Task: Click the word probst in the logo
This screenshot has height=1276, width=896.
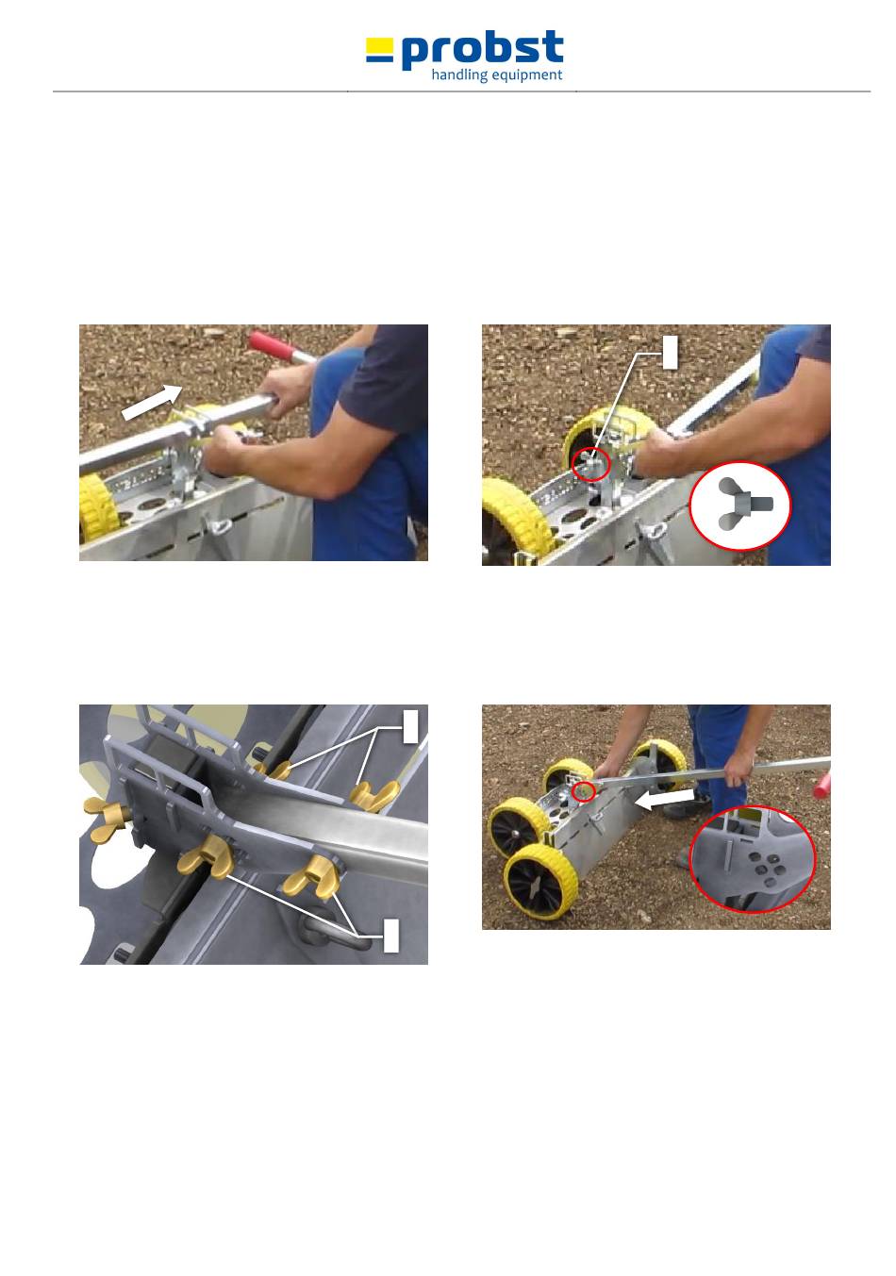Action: click(482, 49)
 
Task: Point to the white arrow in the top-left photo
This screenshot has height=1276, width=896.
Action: click(152, 402)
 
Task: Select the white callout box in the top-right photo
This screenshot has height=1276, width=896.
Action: click(670, 352)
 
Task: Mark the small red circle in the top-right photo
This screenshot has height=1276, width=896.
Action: click(590, 464)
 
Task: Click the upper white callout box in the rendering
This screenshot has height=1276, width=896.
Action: click(410, 726)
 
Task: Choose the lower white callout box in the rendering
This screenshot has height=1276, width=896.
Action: click(390, 935)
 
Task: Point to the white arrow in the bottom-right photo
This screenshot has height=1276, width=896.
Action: click(664, 798)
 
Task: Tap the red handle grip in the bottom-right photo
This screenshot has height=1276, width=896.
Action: click(821, 784)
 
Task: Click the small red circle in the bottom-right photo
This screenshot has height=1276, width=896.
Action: click(583, 791)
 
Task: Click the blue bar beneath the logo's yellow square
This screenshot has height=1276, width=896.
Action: click(379, 58)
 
